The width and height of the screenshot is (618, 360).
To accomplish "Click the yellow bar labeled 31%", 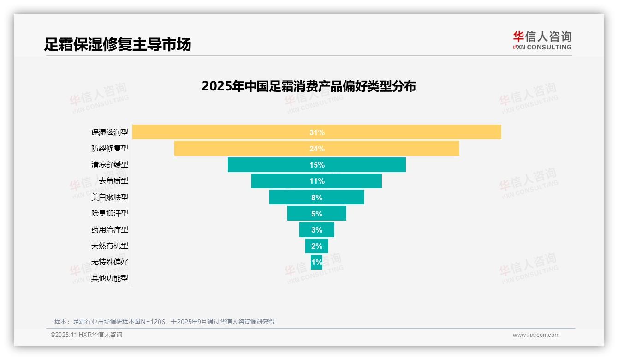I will click(316, 132).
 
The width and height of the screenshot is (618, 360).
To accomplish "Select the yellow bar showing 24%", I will click(316, 149).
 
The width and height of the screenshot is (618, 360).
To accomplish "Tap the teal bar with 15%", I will click(316, 165).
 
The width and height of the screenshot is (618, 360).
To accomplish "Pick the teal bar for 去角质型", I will click(316, 181).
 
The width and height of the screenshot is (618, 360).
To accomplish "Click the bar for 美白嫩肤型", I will click(316, 197).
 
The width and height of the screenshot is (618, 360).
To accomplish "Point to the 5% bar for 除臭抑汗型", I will click(316, 213).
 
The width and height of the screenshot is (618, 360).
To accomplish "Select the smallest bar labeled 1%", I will click(316, 262).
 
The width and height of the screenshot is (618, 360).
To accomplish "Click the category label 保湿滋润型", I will click(110, 132).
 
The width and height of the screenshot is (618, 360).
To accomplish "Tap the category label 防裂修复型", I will click(110, 149).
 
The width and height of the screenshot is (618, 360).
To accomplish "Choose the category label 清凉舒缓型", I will click(110, 165).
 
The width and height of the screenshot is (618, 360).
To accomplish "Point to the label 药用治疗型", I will click(110, 230).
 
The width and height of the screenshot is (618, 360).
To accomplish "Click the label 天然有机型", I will click(110, 246).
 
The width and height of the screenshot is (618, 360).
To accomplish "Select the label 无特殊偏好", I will click(110, 262).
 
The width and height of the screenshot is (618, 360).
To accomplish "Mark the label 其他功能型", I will click(110, 278).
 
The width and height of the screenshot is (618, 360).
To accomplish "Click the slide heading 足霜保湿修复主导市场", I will click(118, 44).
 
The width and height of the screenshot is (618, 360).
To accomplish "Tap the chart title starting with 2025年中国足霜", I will click(309, 86).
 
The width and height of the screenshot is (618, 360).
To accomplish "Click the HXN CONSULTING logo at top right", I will click(542, 40).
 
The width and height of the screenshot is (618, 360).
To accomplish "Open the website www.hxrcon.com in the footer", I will click(536, 335).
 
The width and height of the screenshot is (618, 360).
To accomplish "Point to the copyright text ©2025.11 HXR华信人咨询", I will click(86, 335).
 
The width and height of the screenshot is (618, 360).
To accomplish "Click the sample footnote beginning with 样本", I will click(164, 322).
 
